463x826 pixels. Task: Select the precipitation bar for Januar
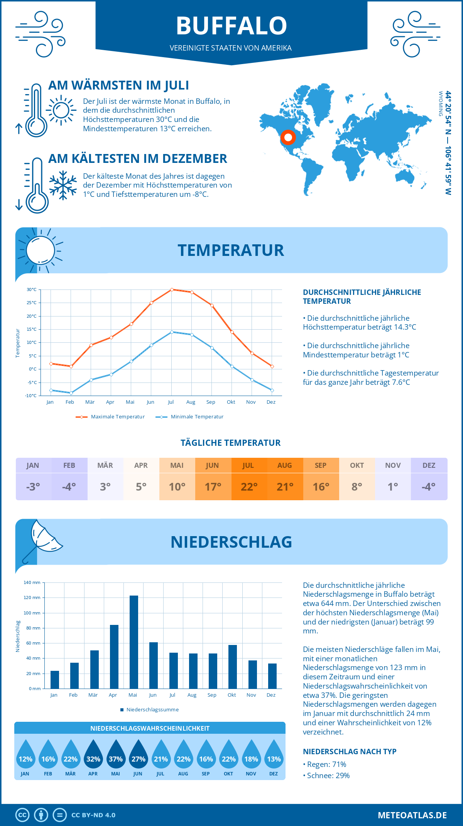[55, 680]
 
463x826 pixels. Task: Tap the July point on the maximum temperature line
[172, 289]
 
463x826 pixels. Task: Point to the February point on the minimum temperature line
[71, 393]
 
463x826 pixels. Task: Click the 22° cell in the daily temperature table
[249, 487]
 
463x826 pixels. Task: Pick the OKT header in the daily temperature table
[357, 465]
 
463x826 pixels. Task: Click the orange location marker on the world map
[288, 137]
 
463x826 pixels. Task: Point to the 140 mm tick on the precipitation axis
[32, 582]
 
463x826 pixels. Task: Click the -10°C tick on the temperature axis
[31, 396]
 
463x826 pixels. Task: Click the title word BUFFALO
[231, 26]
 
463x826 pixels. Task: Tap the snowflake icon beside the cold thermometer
[63, 185]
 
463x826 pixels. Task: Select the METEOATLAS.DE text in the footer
[412, 815]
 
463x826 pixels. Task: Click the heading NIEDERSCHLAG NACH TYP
[350, 752]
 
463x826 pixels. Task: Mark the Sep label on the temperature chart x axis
[211, 402]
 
